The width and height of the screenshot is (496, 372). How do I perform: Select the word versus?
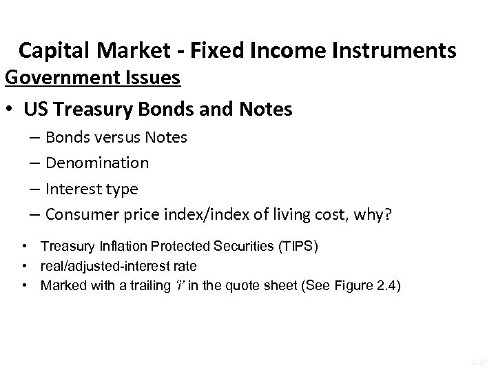(113, 137)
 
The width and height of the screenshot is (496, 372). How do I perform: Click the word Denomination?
(97, 163)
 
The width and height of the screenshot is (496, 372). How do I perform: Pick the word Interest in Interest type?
(74, 189)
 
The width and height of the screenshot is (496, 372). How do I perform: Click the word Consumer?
(81, 215)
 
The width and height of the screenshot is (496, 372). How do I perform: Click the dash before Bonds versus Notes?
(34, 138)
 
